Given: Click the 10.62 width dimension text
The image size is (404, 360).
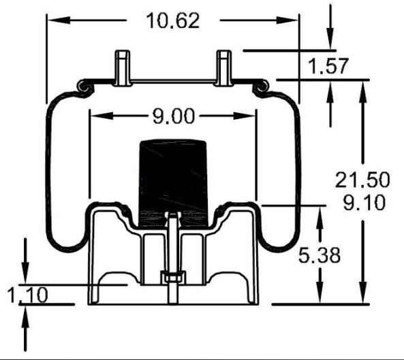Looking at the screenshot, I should click(173, 20).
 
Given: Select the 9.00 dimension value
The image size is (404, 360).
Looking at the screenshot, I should click(173, 116).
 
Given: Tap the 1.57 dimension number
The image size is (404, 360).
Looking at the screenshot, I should click(328, 67).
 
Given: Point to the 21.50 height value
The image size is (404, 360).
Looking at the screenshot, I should click(362, 180).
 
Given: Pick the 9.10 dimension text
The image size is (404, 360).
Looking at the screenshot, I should click(362, 202).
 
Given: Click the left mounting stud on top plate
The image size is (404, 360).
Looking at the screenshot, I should click(123, 67).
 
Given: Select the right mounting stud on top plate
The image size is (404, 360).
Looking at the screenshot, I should click(224, 67).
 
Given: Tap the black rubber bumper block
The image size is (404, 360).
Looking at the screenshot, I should click(173, 177).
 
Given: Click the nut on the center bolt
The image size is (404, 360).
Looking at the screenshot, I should click(173, 277).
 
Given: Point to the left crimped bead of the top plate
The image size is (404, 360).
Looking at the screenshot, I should click(84, 86).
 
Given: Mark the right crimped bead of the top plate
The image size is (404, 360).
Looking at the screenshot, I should click(261, 86).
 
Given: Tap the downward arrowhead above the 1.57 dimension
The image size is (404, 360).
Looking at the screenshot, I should click(330, 42).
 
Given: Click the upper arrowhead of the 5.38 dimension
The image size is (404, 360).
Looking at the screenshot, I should click(319, 211).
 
